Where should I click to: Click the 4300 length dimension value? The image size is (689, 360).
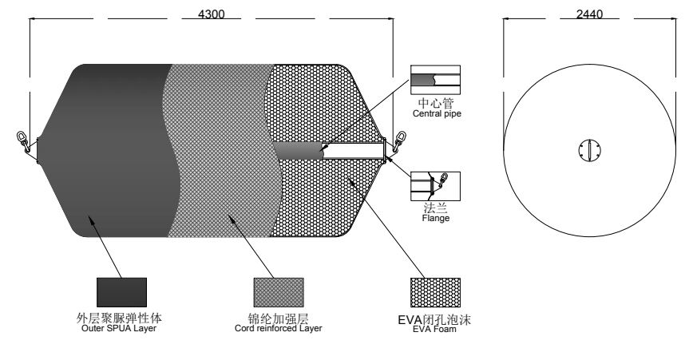coord(211,14)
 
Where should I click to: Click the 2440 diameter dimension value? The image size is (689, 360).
coord(589,14)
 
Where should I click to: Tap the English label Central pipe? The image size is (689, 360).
coord(437,113)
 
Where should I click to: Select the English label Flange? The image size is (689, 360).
coord(435,218)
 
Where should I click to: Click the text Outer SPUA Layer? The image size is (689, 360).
coord(119,328)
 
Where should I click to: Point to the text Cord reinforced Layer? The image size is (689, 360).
coord(278,328)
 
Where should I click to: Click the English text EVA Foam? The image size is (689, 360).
coord(434,329)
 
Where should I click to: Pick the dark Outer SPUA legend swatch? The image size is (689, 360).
coord(121,292)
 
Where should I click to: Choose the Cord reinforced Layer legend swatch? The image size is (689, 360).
coord(279,292)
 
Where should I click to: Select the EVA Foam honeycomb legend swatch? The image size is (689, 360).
coord(435,292)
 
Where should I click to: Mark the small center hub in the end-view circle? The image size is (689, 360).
coord(589,150)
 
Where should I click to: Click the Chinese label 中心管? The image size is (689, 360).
coord(435,103)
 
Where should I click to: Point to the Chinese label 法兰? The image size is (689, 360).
coord(435,208)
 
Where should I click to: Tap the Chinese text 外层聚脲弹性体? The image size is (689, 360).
coord(119,318)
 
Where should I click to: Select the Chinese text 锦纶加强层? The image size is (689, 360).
coord(278,318)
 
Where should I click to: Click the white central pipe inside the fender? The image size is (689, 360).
coord(354,151)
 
